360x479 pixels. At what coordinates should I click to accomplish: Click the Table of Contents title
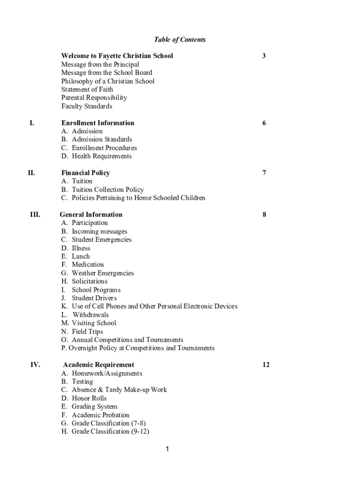[x=180, y=40]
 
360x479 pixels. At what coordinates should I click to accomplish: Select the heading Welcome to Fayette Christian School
[x=117, y=56]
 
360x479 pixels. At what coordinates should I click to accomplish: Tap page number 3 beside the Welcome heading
[x=264, y=56]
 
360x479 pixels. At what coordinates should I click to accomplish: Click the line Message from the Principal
[x=100, y=64]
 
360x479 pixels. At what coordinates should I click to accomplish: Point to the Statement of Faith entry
[x=87, y=89]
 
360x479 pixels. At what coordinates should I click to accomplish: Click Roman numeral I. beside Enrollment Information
[x=32, y=123]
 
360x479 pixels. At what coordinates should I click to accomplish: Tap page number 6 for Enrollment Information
[x=264, y=123]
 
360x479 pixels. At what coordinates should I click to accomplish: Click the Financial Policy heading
[x=86, y=173]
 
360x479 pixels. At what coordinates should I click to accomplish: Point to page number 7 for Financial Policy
[x=264, y=173]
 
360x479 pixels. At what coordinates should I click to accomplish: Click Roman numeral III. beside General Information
[x=35, y=215]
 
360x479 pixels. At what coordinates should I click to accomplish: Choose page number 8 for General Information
[x=264, y=215]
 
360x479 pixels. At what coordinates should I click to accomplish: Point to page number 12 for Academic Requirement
[x=266, y=365]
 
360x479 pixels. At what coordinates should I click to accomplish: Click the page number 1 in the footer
[x=167, y=450]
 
